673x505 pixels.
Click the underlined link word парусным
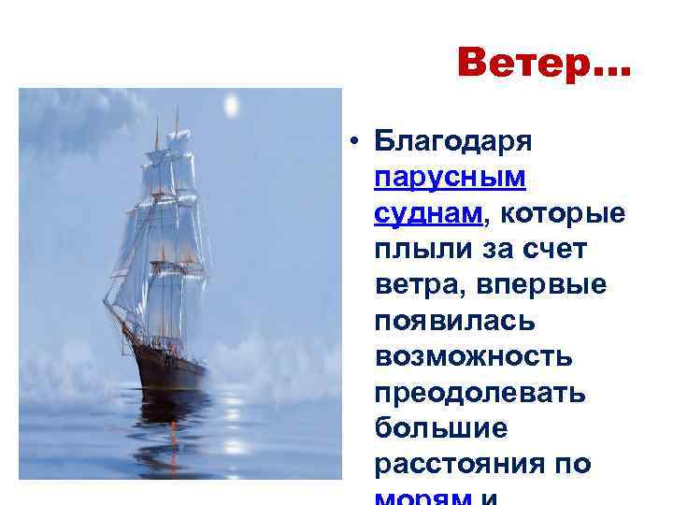tap(450, 177)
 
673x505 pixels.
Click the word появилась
tap(454, 321)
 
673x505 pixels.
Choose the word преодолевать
tap(480, 393)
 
